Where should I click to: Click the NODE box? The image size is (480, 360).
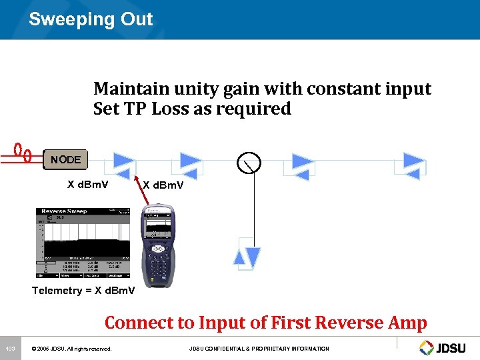[65, 159]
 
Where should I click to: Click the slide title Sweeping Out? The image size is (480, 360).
[91, 19]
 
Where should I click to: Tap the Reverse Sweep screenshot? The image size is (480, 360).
[83, 243]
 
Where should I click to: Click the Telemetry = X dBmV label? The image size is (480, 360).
[83, 291]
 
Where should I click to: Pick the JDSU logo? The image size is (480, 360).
[444, 347]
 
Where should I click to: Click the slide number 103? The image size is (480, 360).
[10, 349]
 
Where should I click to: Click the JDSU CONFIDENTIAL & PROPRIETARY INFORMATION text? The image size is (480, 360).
[259, 349]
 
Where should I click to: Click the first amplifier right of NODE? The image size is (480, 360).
[124, 163]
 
